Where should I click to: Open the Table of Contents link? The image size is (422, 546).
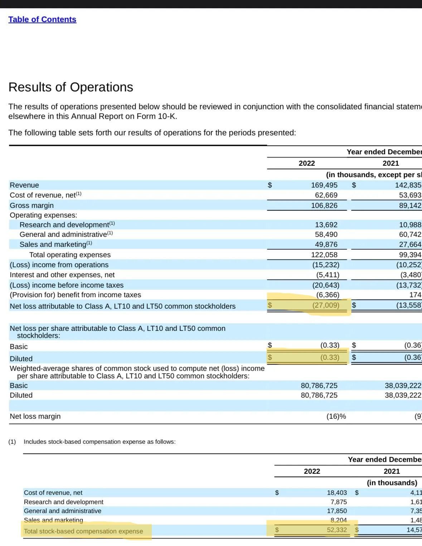(42, 19)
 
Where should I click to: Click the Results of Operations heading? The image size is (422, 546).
(71, 87)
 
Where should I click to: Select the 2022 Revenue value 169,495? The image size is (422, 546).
(324, 185)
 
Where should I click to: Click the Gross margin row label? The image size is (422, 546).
(31, 205)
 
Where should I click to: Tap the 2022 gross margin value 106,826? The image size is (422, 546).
(324, 205)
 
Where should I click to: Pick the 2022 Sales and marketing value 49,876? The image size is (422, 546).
(326, 244)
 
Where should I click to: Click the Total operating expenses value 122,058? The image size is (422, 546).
(324, 255)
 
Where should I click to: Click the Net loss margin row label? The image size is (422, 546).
(35, 416)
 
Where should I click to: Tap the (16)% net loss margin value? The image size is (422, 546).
(336, 416)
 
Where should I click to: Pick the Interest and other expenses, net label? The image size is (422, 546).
(62, 275)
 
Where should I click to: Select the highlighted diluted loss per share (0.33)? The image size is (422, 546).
(329, 357)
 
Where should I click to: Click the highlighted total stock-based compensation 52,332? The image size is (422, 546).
(336, 530)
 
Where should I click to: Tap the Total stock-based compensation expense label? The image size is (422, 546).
(83, 531)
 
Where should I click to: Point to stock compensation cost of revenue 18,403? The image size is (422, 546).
(336, 493)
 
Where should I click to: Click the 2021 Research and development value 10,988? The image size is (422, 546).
(410, 225)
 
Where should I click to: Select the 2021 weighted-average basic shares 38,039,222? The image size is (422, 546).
(403, 386)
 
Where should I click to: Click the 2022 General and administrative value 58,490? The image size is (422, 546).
(326, 234)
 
